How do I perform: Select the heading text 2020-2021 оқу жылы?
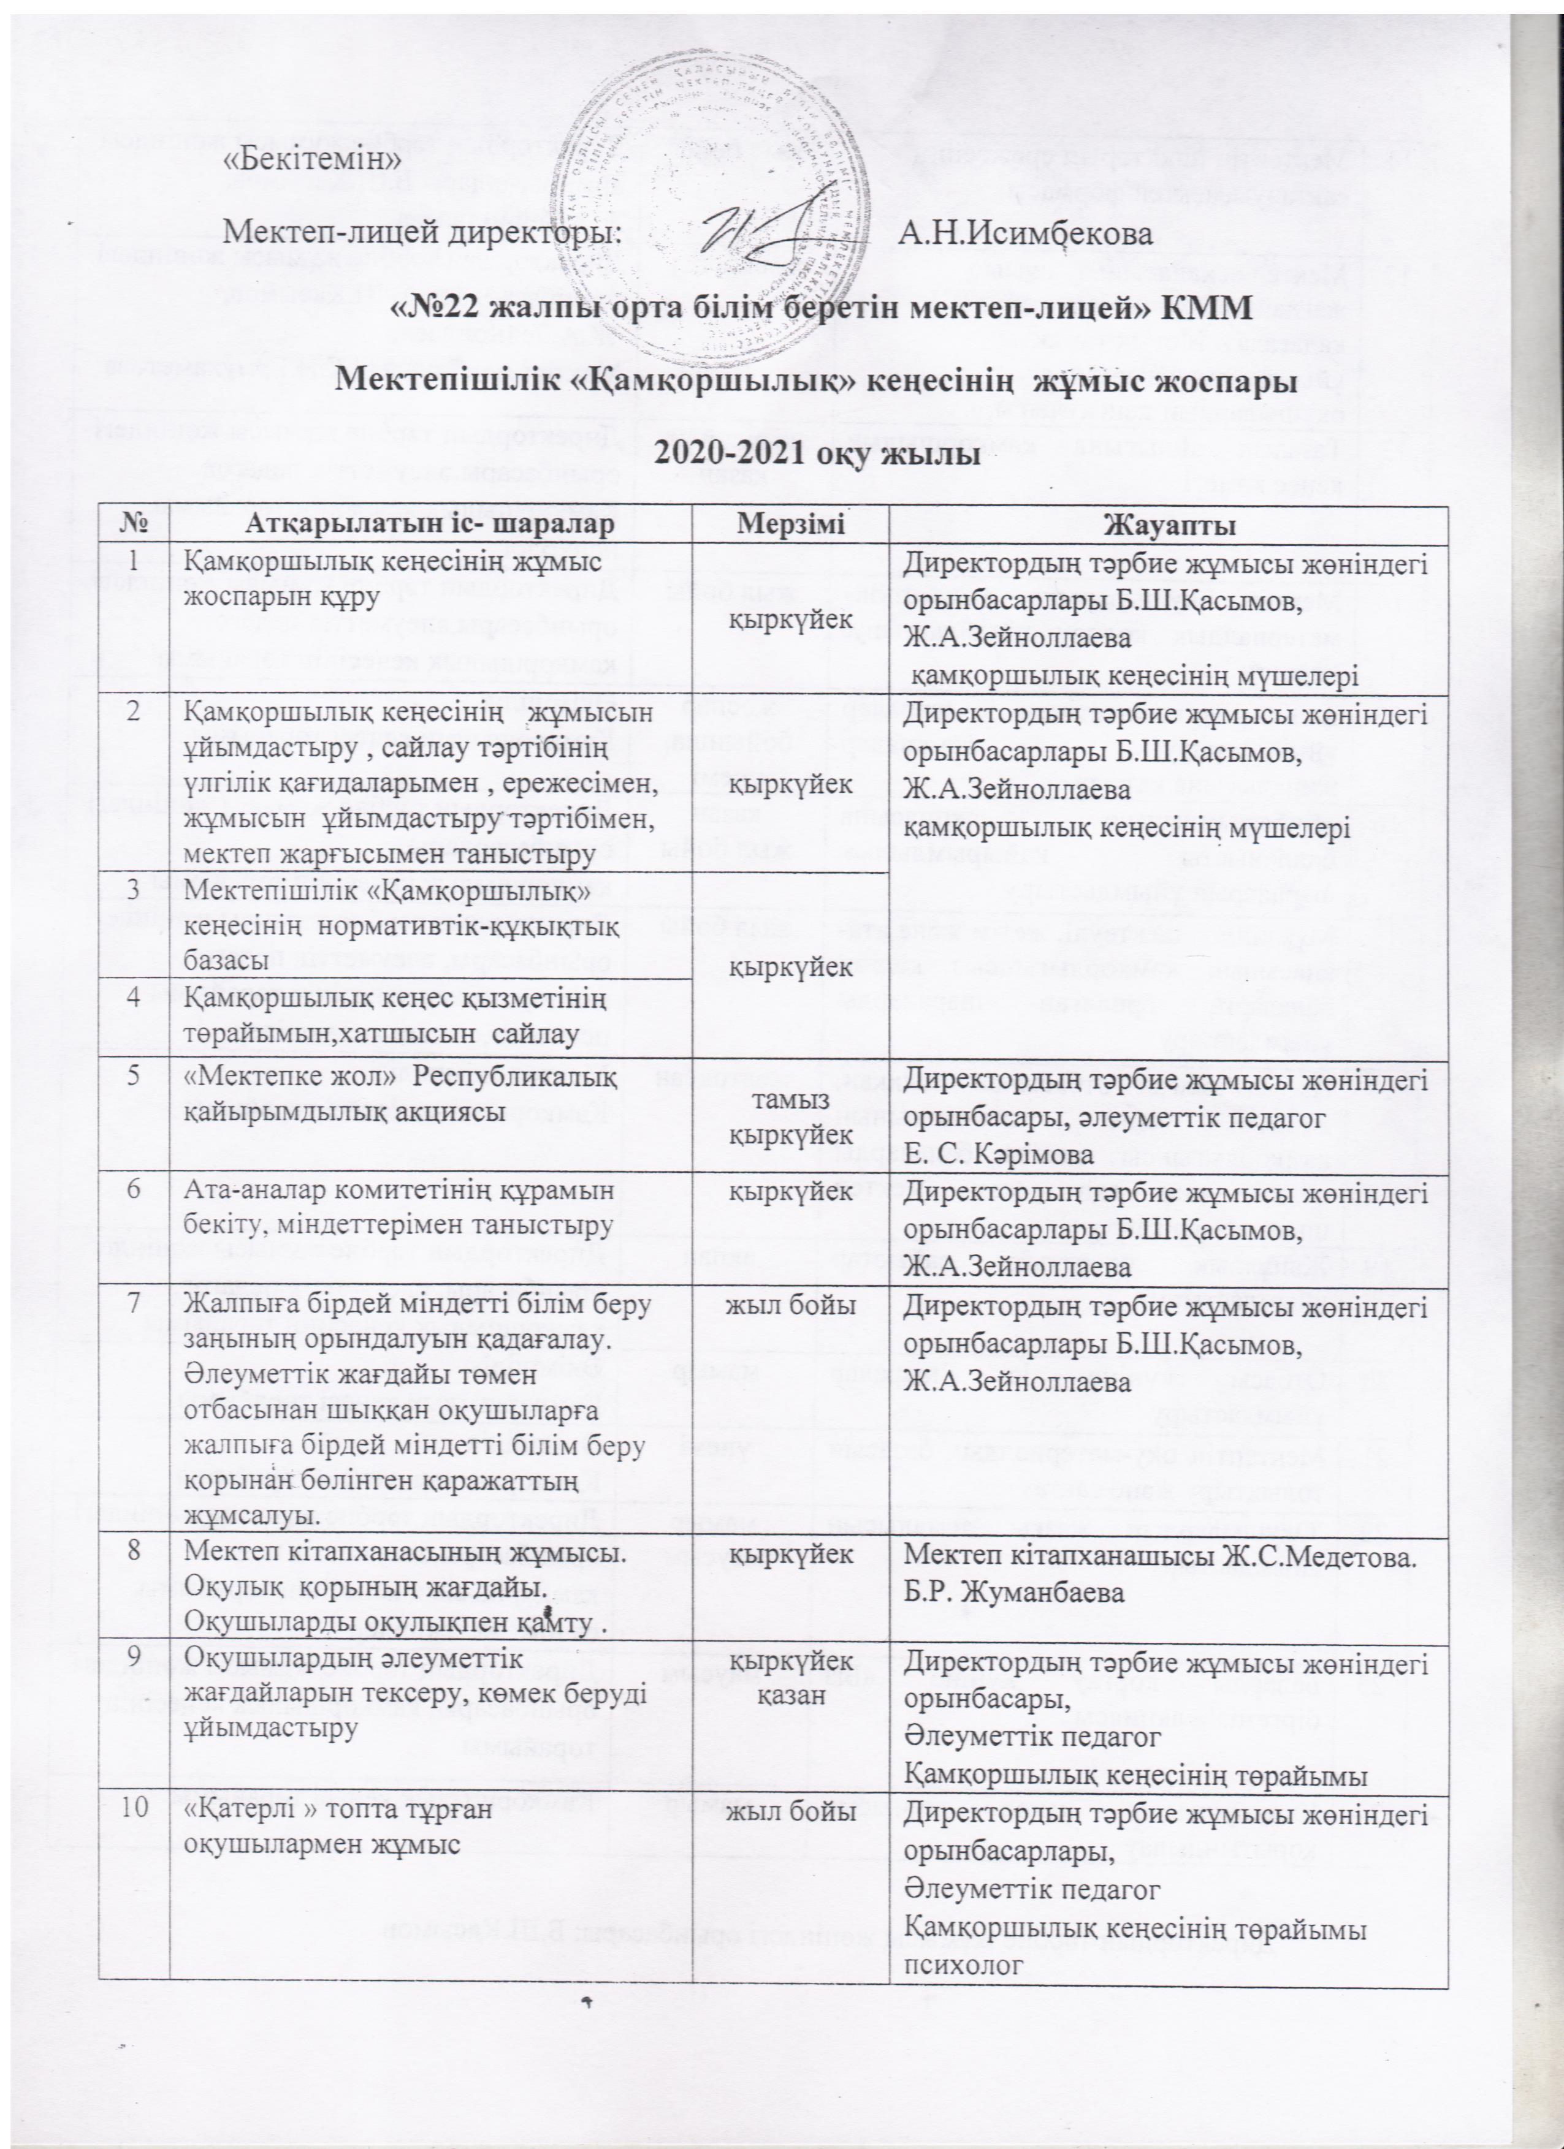pos(783,455)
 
